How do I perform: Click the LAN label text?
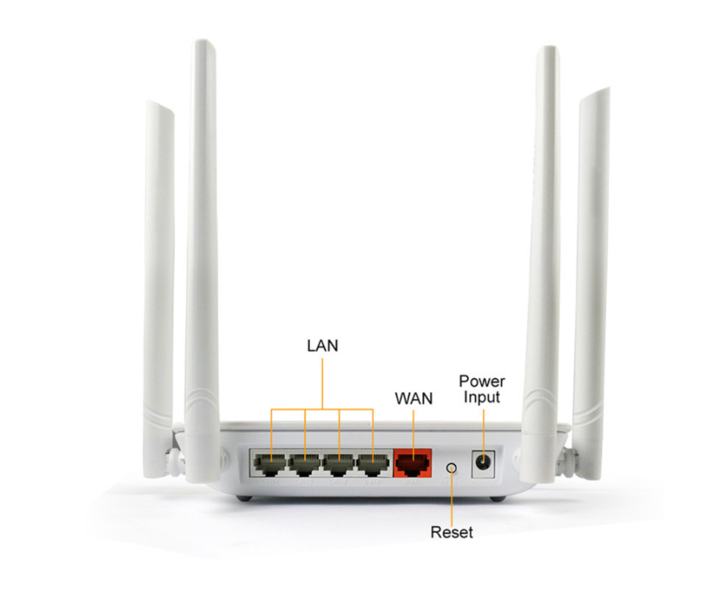click(322, 345)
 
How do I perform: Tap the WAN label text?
click(413, 398)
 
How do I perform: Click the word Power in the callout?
click(482, 381)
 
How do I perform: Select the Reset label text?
click(452, 532)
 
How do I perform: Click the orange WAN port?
click(412, 461)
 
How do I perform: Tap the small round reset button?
click(452, 467)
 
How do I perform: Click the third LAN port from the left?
click(339, 462)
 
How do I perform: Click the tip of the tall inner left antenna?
click(202, 43)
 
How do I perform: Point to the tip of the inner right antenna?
click(546, 51)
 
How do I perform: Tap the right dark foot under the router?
click(498, 497)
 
